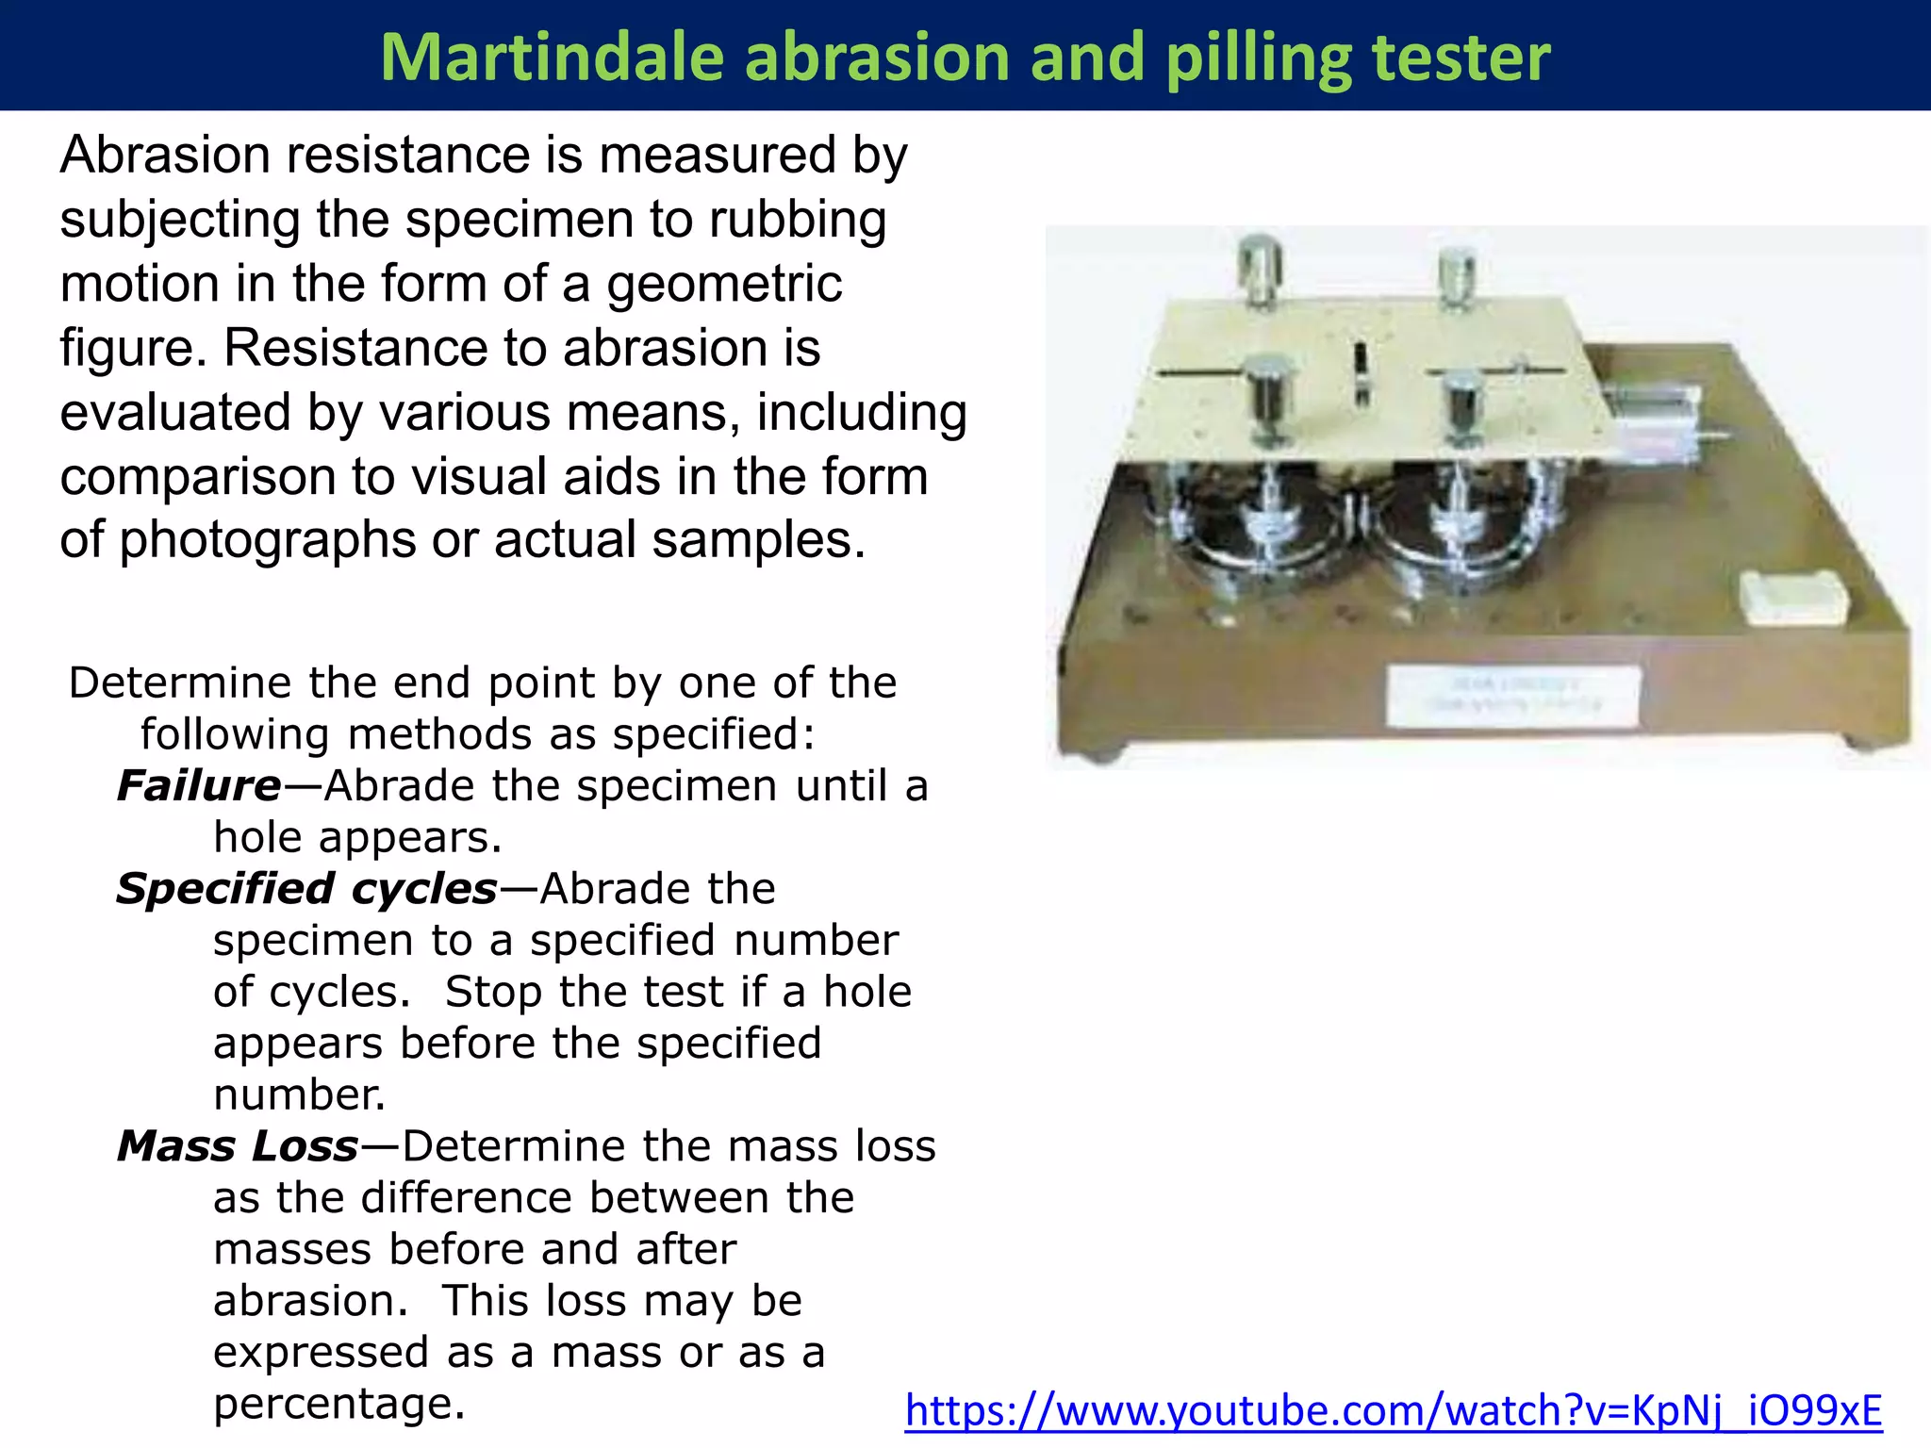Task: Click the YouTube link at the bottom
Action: pos(1393,1411)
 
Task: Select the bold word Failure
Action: pos(199,785)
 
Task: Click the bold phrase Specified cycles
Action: pos(306,889)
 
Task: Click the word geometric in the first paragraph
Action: pos(724,284)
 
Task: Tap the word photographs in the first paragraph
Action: pos(267,540)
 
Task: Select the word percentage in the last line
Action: pos(338,1404)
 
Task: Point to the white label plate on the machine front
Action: pos(1512,696)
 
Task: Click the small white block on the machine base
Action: pos(1792,598)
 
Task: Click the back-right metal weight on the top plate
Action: pos(1458,275)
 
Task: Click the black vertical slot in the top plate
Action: pos(1361,373)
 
